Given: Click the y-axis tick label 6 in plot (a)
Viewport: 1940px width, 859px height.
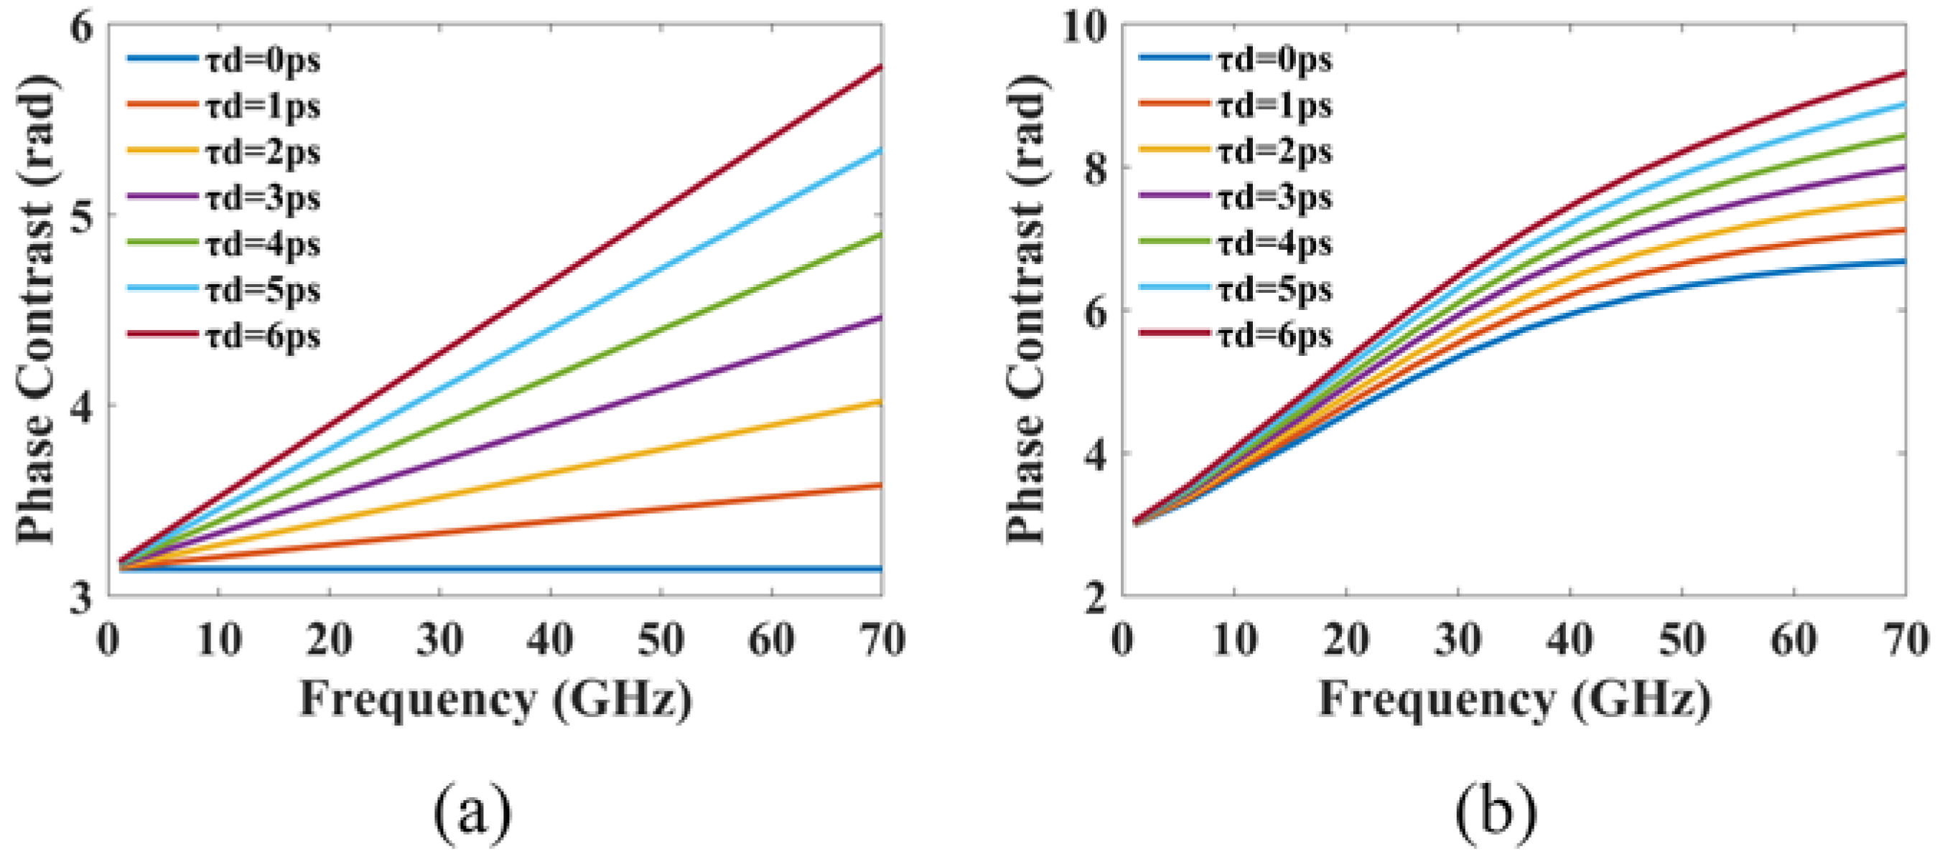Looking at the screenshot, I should click(x=80, y=29).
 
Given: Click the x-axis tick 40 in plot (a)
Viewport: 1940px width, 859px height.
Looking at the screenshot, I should click(x=551, y=641).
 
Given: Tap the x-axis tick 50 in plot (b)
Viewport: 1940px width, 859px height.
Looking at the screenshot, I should click(x=1681, y=641).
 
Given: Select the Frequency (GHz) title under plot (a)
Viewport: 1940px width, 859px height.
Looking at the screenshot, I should click(x=495, y=700).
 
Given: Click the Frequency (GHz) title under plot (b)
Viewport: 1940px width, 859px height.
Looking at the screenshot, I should click(x=1514, y=700).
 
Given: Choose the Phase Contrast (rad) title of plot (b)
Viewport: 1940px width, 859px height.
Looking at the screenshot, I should click(x=1027, y=309).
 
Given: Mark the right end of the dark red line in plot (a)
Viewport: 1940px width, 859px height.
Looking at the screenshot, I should click(x=880, y=67).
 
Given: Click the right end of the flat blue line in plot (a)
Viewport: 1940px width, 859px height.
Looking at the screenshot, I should click(x=880, y=569).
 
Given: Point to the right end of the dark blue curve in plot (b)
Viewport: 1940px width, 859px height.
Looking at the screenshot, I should click(x=1904, y=261).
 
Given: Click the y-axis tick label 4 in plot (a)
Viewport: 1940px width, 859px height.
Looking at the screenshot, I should click(x=80, y=407).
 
